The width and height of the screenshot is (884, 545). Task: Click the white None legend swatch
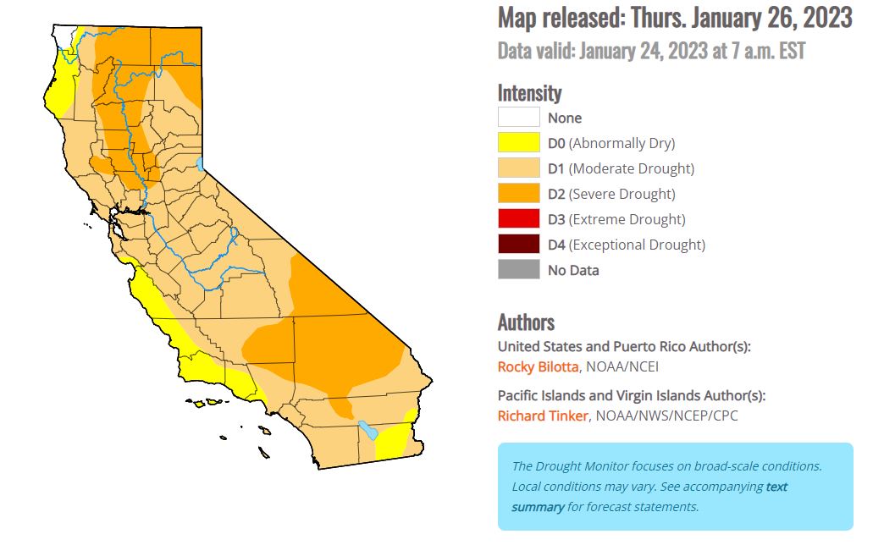[518, 118]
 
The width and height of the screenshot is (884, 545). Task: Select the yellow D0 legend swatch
[518, 143]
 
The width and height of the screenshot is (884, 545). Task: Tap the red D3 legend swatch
[518, 219]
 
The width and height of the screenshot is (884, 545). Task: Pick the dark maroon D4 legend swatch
[518, 245]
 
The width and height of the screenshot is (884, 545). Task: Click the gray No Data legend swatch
[518, 270]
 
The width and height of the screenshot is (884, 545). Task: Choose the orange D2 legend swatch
[518, 194]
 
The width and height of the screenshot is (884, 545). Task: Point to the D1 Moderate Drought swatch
[518, 168]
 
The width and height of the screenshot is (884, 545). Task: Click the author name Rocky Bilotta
[538, 366]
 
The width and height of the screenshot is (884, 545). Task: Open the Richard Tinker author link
[542, 416]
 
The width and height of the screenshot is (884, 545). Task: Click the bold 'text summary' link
[538, 506]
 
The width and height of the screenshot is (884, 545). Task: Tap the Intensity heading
[529, 92]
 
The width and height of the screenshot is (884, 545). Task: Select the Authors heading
[526, 322]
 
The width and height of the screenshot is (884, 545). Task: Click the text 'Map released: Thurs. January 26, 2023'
[674, 18]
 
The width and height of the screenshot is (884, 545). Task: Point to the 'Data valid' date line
[650, 52]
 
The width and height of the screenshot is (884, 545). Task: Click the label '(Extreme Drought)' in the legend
[627, 219]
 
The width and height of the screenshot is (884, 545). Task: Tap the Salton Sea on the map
[367, 430]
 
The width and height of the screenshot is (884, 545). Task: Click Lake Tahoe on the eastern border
[200, 162]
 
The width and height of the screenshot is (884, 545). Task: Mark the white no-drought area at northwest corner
[63, 35]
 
